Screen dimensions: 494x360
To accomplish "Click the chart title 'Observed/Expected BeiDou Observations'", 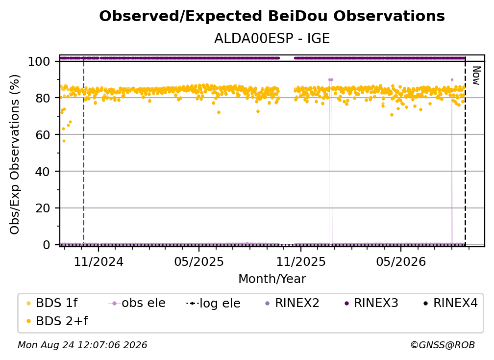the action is (272, 16).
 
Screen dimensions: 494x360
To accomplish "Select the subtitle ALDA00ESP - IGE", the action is (272, 38).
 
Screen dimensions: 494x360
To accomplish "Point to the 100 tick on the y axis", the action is (39, 61).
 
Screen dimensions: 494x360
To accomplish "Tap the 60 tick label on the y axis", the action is (43, 135).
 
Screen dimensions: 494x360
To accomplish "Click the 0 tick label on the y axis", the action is (47, 245).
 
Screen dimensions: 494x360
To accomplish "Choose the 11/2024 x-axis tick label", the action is (99, 262).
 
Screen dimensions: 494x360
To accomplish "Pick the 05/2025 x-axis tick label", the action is (199, 262).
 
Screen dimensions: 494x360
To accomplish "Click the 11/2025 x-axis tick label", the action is (301, 262).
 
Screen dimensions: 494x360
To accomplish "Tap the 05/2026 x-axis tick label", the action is (401, 262).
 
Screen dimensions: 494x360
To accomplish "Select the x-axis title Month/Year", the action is (272, 279).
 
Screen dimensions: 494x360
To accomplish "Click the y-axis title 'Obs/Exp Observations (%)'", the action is (15, 154).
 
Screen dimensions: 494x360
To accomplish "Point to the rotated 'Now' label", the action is (476, 76).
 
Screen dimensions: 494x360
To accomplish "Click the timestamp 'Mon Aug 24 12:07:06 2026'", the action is (82, 345).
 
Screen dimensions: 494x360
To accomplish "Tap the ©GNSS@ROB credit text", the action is (443, 345).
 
